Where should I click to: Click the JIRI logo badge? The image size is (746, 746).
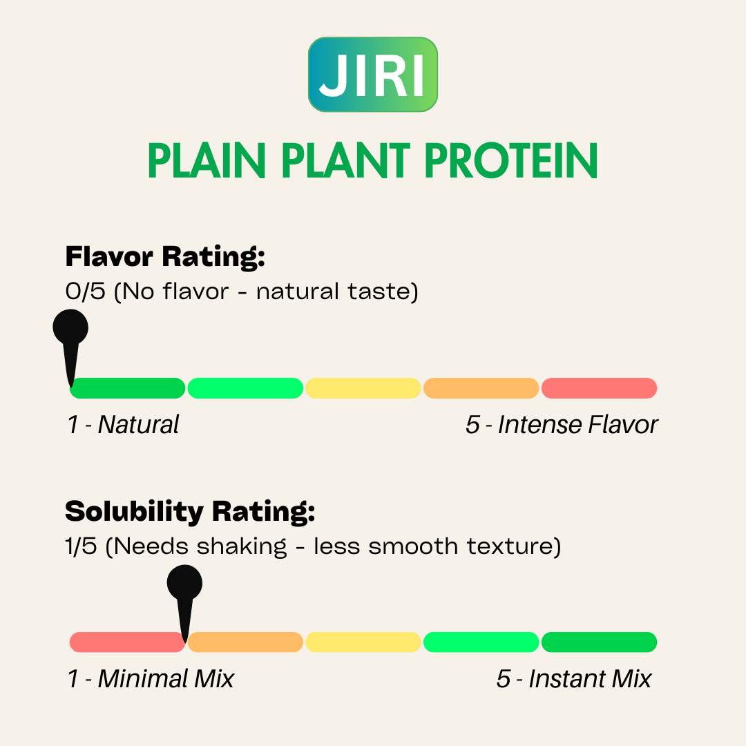tap(373, 75)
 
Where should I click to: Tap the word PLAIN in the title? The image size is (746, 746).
tap(207, 161)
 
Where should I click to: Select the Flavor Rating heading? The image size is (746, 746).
tap(164, 257)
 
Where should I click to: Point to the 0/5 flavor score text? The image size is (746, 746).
tap(85, 291)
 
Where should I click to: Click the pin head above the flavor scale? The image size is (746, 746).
tap(70, 327)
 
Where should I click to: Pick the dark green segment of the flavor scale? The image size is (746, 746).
tap(128, 388)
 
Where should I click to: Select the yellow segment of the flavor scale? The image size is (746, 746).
tap(363, 388)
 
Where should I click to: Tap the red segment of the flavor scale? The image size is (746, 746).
tap(600, 388)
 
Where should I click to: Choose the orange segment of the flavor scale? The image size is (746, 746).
tap(481, 388)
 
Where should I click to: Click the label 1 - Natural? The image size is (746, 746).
tap(123, 424)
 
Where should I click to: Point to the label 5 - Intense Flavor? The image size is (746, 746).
tap(562, 424)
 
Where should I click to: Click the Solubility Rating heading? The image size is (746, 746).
tap(190, 512)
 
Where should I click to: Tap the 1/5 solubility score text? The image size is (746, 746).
tap(81, 546)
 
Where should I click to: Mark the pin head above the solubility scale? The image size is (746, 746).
tap(184, 583)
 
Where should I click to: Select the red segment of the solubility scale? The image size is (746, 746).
tap(128, 642)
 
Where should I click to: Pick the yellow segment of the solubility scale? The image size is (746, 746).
tap(363, 642)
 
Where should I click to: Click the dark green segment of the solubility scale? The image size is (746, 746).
tap(600, 642)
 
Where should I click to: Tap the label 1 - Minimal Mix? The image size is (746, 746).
tap(151, 678)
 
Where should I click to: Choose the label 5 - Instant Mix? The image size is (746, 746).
tap(574, 678)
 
